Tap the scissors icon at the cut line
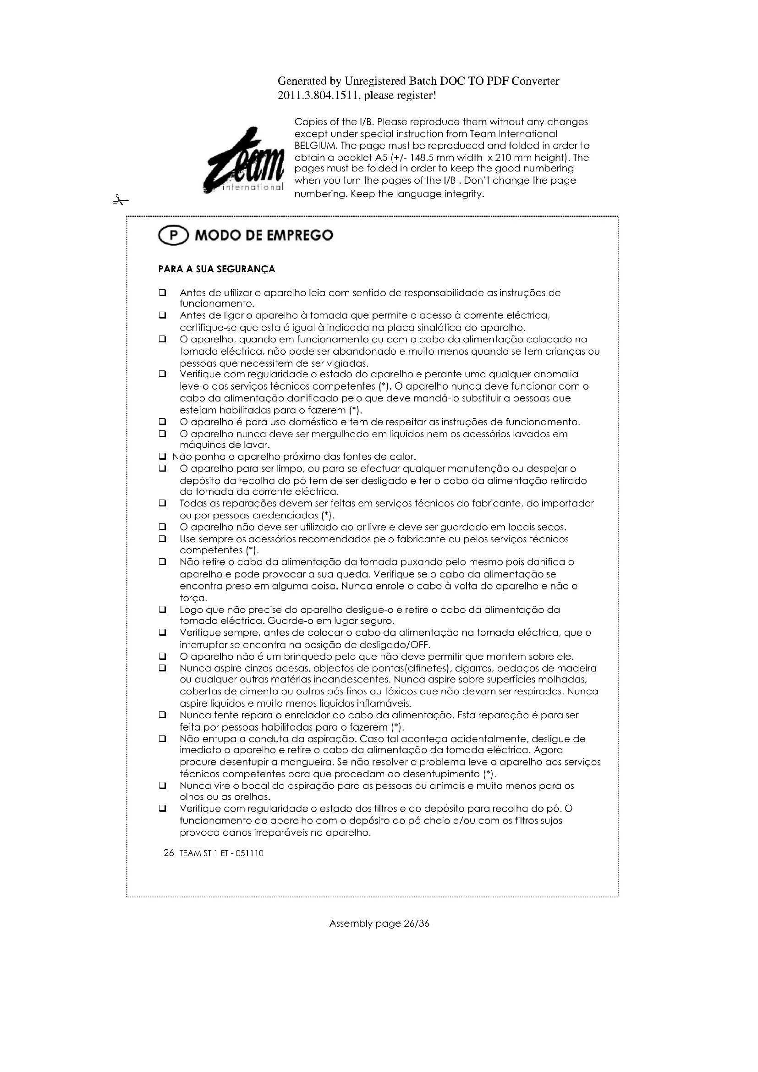(x=120, y=201)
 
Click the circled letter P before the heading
(x=174, y=235)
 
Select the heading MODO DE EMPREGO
(x=264, y=235)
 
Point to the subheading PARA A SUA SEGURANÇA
(x=217, y=269)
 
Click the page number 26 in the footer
(x=169, y=853)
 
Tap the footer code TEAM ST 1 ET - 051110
(x=221, y=853)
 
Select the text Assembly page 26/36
(x=379, y=923)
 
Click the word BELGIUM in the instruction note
(x=314, y=146)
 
